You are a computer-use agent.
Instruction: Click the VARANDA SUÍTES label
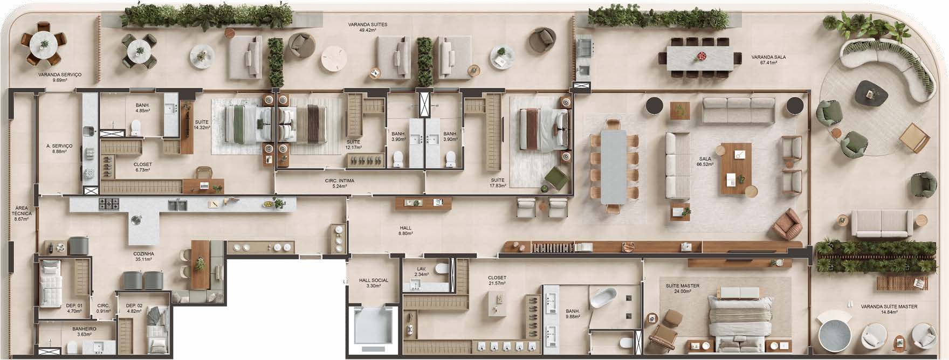(x=367, y=25)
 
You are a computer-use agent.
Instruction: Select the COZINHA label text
(x=144, y=253)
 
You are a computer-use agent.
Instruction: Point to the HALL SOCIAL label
(x=374, y=280)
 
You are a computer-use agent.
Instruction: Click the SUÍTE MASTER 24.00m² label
(x=683, y=288)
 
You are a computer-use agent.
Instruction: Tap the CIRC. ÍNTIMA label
(x=340, y=181)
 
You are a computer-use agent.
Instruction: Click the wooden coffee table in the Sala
(x=737, y=169)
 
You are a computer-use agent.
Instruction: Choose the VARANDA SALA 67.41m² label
(x=765, y=60)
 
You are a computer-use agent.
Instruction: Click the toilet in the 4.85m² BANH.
(x=135, y=127)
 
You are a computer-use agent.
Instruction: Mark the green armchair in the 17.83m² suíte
(x=556, y=179)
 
